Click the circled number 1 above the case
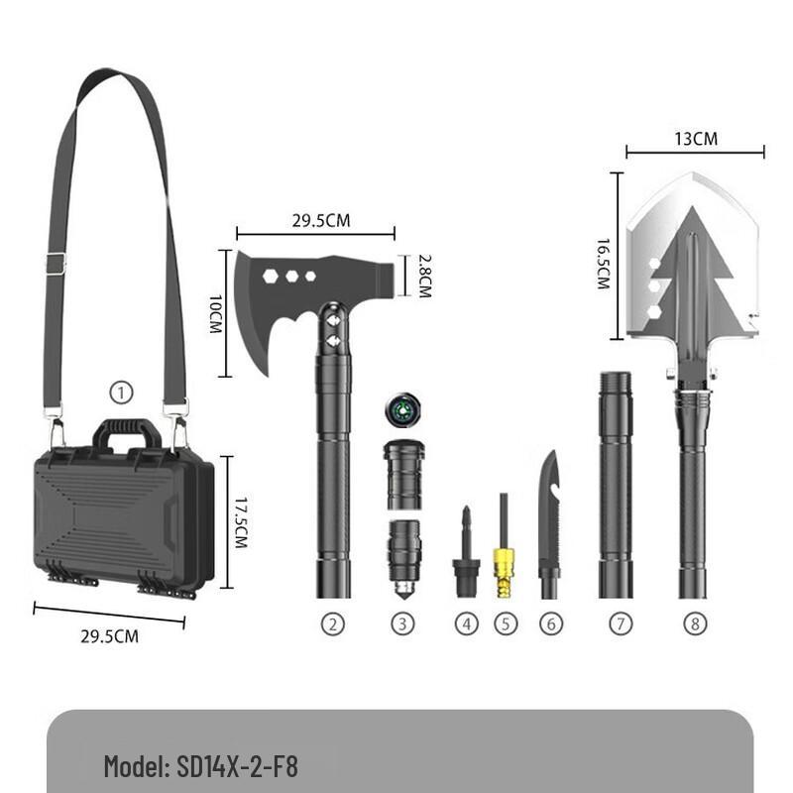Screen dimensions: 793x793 (121, 394)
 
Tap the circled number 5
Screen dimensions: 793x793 (506, 624)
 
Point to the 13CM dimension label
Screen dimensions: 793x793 (696, 139)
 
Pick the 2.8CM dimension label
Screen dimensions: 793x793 (423, 275)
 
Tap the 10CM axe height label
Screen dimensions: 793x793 (214, 312)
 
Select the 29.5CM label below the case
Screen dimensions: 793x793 (109, 636)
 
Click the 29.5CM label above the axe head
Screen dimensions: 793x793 (320, 220)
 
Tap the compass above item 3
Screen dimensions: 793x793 (402, 409)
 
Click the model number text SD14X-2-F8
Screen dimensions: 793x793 (235, 766)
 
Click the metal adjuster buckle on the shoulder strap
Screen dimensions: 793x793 (56, 264)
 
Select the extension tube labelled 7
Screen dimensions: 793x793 (615, 486)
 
